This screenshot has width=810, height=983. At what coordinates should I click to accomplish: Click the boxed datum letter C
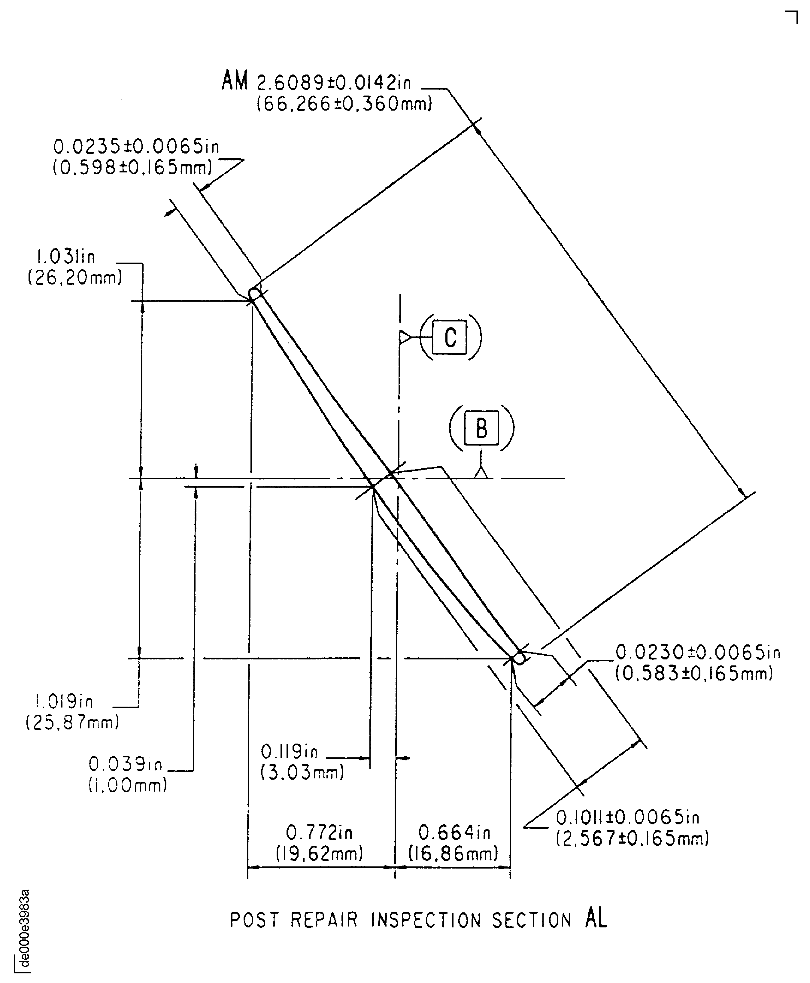click(x=449, y=337)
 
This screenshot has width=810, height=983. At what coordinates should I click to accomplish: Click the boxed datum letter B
click(x=481, y=428)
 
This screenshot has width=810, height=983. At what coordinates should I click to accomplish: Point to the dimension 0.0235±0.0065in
click(x=136, y=147)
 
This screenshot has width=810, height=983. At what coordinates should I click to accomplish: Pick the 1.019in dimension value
click(x=64, y=701)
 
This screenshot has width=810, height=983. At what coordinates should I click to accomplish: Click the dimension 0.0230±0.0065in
click(x=698, y=652)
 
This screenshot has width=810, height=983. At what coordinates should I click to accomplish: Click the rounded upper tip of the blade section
click(x=255, y=294)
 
